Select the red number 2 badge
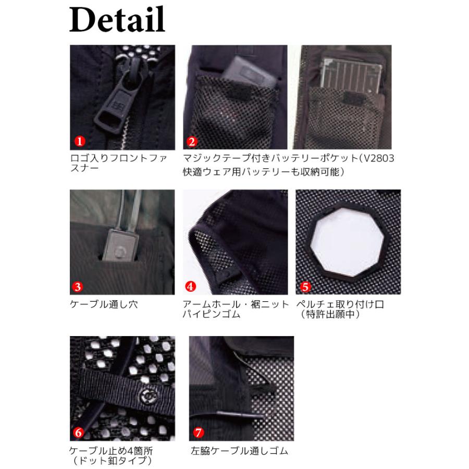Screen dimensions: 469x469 coord(191,141)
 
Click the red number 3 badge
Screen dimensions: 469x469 coord(78,286)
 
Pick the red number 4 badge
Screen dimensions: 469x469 coord(191,286)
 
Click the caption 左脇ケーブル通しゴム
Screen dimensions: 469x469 coord(240,451)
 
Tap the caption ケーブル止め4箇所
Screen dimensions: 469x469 coord(110,451)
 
